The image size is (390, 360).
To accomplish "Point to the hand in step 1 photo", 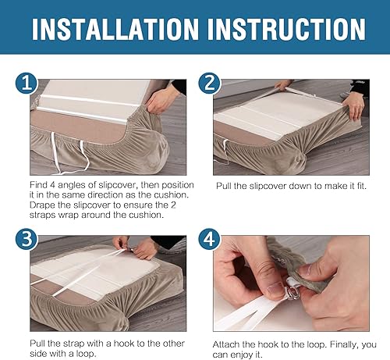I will pyautogui.click(x=162, y=99).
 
